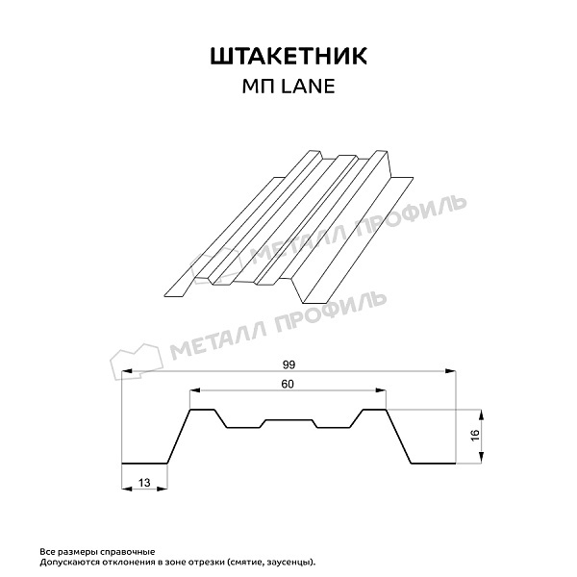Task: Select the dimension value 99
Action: point(288,364)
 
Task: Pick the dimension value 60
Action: point(288,385)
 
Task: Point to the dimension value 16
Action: point(474,436)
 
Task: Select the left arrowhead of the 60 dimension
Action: point(192,392)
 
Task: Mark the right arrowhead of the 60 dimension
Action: point(385,392)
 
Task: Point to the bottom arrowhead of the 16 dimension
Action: point(482,459)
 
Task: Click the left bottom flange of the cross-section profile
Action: point(145,463)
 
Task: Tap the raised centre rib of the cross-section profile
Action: point(288,420)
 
